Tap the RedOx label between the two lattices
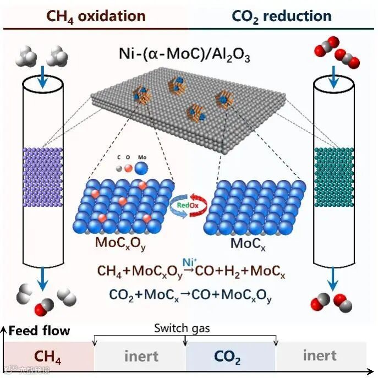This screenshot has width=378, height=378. coord(188,205)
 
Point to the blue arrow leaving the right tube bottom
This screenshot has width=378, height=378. coord(333,283)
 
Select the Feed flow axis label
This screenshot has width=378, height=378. coord(39,331)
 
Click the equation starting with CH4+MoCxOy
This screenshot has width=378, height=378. coord(190,271)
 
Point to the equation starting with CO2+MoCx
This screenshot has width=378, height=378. coord(190,296)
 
